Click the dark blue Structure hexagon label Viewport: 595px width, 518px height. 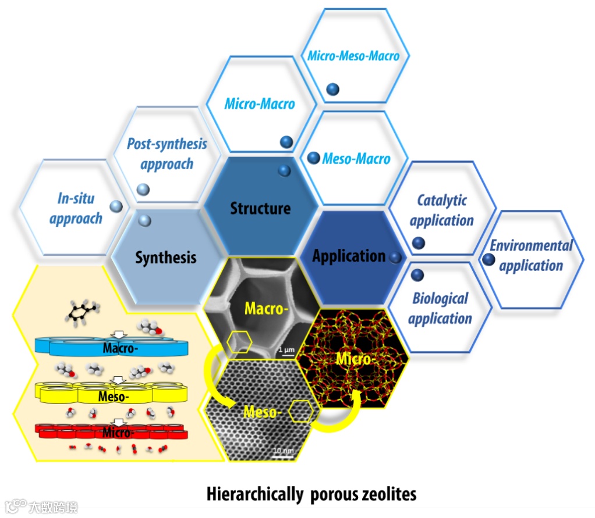[x=260, y=208]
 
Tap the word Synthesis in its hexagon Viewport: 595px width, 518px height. [x=166, y=258]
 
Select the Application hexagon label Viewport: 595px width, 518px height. [x=349, y=256]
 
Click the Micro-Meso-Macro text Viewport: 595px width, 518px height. [x=353, y=56]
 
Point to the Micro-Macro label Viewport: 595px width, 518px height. [x=260, y=105]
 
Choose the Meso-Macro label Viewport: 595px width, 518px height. [x=356, y=159]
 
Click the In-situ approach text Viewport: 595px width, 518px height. [x=76, y=209]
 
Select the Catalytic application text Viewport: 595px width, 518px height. [x=442, y=210]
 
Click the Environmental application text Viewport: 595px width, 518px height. [x=531, y=256]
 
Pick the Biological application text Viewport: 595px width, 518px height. [x=440, y=309]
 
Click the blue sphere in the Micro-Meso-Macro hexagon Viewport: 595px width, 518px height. [x=332, y=89]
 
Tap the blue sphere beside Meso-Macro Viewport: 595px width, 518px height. [x=313, y=158]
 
